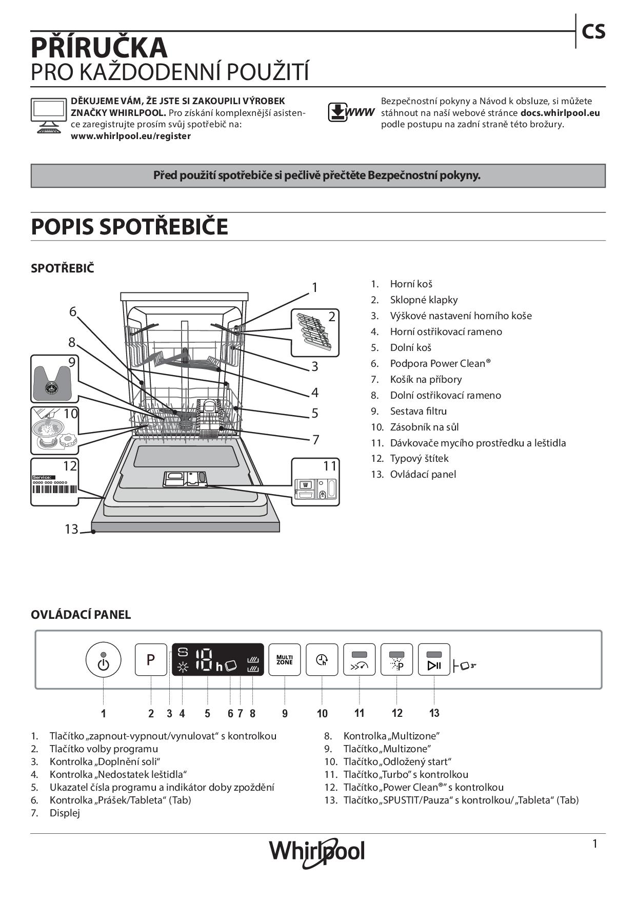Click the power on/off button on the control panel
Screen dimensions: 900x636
click(x=103, y=660)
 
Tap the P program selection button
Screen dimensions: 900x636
click(x=151, y=659)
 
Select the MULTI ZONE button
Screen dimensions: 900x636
click(x=285, y=660)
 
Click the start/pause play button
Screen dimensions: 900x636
click(x=434, y=660)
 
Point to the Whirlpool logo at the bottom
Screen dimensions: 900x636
click(x=317, y=852)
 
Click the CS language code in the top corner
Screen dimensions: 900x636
click(x=593, y=32)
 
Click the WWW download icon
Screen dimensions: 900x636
click(x=351, y=112)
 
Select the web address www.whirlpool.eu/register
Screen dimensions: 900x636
click(x=131, y=136)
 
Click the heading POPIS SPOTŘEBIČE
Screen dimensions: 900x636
click(x=129, y=227)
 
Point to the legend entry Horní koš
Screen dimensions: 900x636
click(x=411, y=284)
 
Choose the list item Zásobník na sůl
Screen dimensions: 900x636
click(x=424, y=427)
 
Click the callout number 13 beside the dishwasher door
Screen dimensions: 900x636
click(x=71, y=529)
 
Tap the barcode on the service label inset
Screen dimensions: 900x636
click(x=54, y=490)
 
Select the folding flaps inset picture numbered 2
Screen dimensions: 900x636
click(x=315, y=332)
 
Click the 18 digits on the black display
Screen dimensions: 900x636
click(x=204, y=660)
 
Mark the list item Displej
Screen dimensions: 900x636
click(x=65, y=813)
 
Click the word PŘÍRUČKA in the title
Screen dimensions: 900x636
click(x=99, y=48)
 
